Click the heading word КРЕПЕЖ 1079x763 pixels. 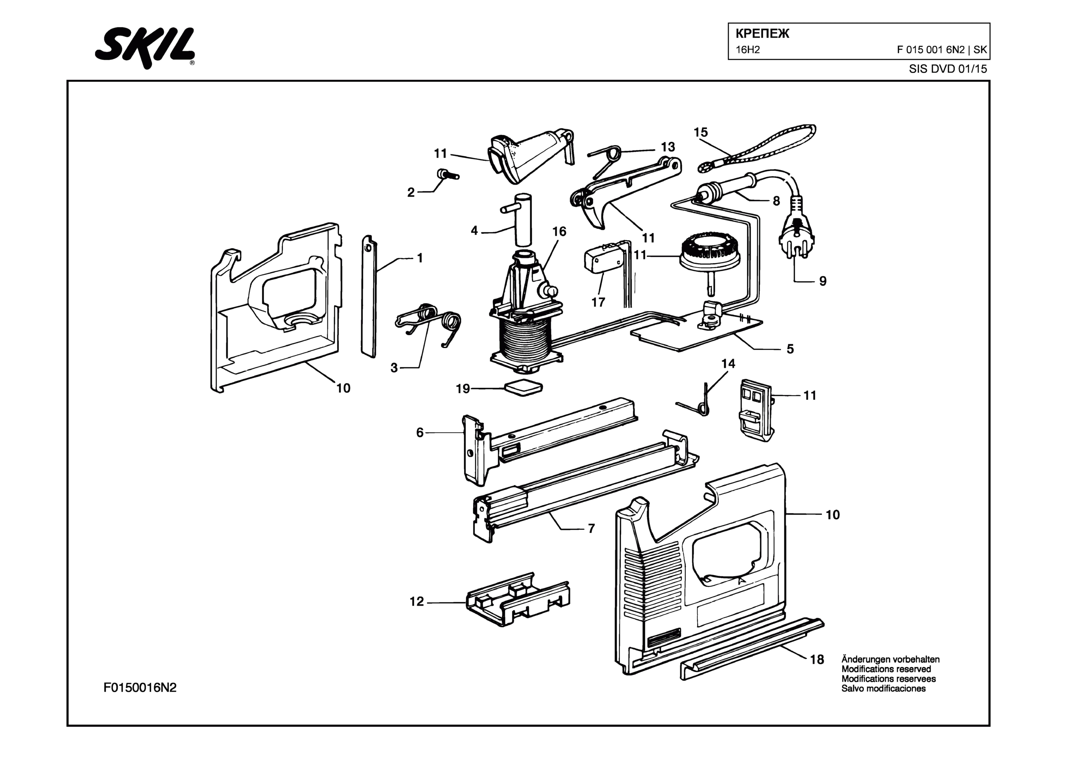pyautogui.click(x=762, y=34)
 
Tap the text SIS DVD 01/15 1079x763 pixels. pyautogui.click(x=947, y=69)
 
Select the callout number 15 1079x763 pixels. pyautogui.click(x=700, y=133)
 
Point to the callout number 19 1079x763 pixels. pyautogui.click(x=463, y=389)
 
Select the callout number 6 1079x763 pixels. pyautogui.click(x=420, y=432)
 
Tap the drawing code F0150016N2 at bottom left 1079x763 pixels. pyautogui.click(x=140, y=688)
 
